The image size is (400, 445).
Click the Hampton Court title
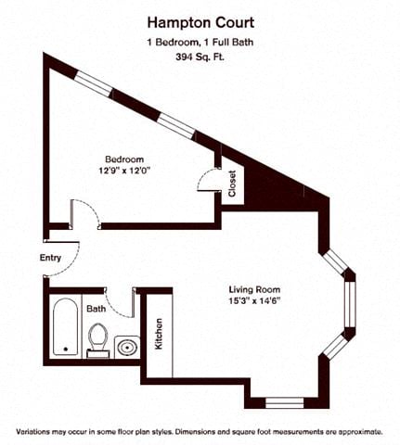click(x=200, y=22)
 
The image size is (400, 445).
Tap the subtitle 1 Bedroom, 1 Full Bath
click(x=200, y=42)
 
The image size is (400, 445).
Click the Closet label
click(x=232, y=183)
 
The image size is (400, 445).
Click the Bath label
click(x=97, y=309)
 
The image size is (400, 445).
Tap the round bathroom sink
click(x=126, y=347)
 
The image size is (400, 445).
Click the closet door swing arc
click(x=208, y=179)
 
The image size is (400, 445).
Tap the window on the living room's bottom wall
click(x=284, y=402)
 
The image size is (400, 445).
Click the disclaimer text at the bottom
click(x=200, y=432)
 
